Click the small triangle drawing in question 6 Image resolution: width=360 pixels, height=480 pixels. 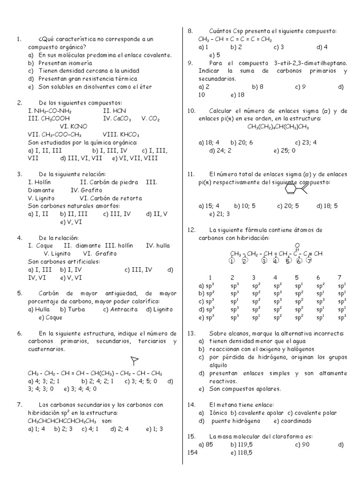(x=135, y=360)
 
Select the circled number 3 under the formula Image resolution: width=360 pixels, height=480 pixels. (x=264, y=261)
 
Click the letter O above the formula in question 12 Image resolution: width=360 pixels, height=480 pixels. (x=297, y=245)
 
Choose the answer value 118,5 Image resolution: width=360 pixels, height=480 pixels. (x=245, y=452)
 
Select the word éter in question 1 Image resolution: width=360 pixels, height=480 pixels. (x=145, y=87)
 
